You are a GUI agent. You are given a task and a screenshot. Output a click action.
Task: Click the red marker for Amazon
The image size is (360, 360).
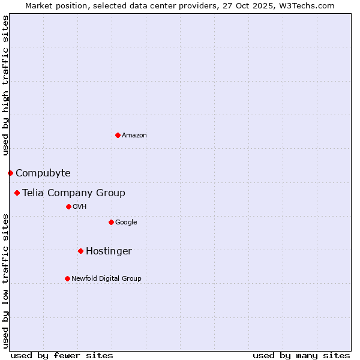click(118, 135)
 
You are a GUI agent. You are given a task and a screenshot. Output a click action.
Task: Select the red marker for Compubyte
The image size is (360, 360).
click(10, 173)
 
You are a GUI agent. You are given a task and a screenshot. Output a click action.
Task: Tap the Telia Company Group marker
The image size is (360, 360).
click(17, 193)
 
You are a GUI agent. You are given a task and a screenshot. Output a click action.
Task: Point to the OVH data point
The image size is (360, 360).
click(68, 206)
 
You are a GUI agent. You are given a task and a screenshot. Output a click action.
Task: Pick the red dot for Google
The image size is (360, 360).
click(111, 222)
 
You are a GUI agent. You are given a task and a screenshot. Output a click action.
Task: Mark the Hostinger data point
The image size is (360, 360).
click(80, 251)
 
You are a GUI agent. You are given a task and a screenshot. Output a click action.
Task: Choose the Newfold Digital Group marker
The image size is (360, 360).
click(67, 278)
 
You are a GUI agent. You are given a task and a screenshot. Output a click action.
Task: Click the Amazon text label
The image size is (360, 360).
click(134, 136)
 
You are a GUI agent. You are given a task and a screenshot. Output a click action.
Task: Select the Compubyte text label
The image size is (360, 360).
click(43, 173)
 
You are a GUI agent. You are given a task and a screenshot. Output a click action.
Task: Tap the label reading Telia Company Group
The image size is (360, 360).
click(74, 193)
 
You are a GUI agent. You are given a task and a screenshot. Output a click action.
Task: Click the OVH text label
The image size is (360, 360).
click(80, 207)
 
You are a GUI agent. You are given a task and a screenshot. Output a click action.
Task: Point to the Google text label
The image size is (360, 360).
click(126, 223)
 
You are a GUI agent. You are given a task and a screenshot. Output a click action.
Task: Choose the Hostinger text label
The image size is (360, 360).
click(109, 251)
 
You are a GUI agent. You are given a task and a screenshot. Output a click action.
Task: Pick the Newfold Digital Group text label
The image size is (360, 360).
click(106, 278)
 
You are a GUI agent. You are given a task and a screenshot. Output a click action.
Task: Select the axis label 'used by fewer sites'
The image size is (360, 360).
click(62, 355)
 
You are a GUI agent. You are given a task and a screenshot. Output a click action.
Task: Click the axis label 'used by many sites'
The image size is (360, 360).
click(301, 355)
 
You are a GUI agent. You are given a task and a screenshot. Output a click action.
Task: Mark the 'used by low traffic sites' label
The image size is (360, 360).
click(5, 281)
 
